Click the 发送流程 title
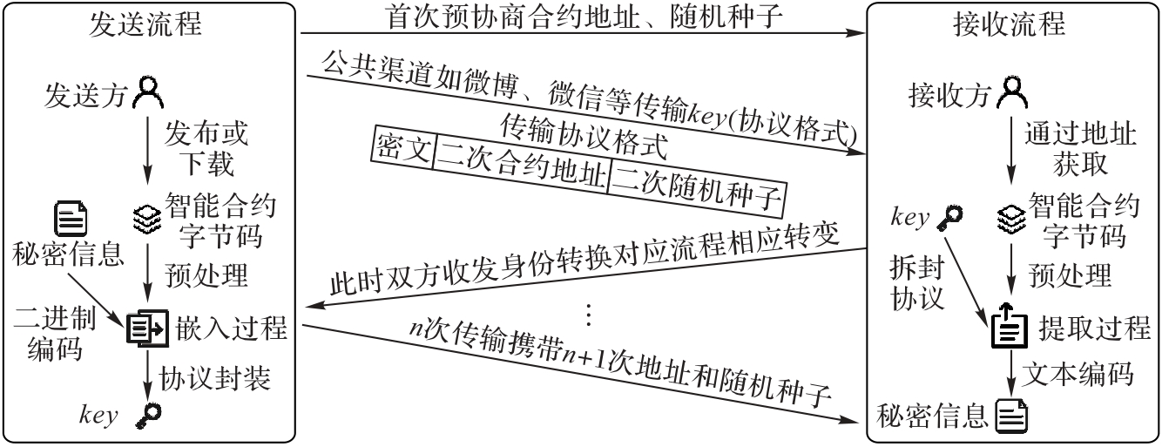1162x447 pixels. pyautogui.click(x=146, y=24)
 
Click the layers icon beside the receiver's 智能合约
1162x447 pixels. pyautogui.click(x=1010, y=215)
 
